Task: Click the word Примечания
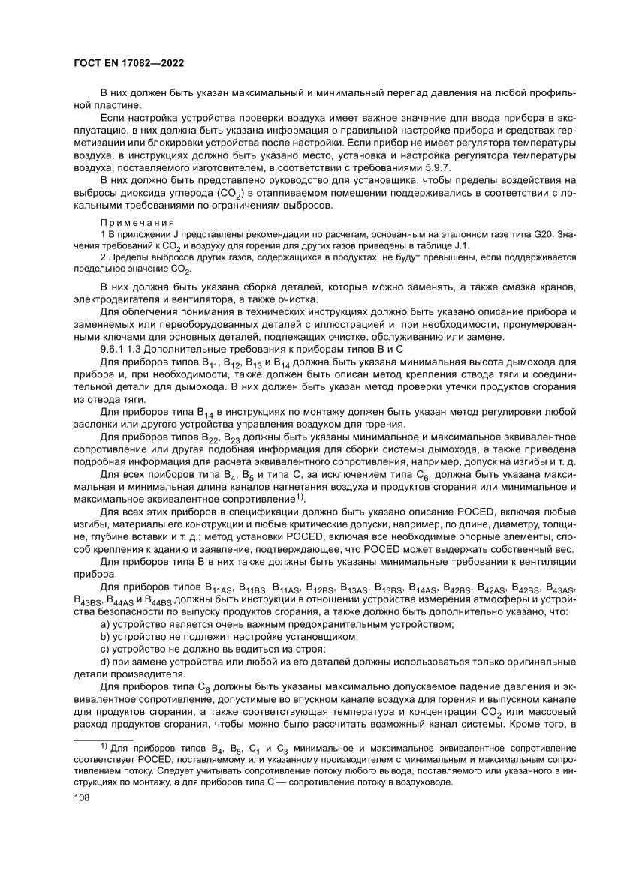(137, 224)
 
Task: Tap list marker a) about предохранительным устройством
(106, 625)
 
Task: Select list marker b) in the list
(106, 637)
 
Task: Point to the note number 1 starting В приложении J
(103, 235)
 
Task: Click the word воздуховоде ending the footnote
(427, 782)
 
